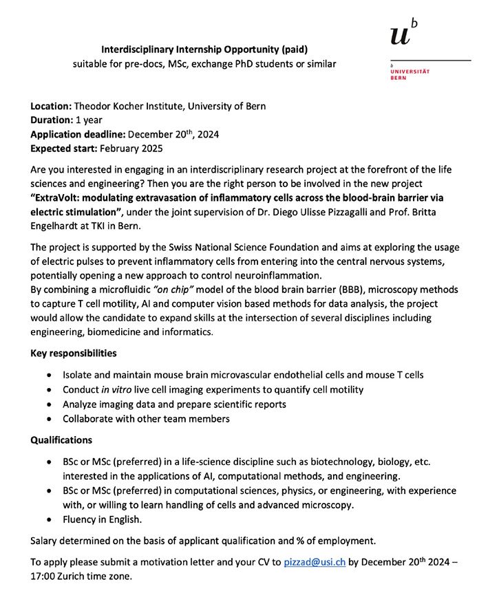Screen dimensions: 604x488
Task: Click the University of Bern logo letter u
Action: tap(399, 34)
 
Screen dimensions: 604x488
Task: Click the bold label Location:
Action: tap(50, 106)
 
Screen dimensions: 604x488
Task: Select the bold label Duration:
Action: tap(50, 120)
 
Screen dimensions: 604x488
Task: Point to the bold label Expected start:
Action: tap(63, 147)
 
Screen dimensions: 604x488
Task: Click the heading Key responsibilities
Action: tap(73, 354)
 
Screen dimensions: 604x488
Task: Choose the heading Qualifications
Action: tap(61, 440)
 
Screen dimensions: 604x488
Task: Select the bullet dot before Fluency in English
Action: tap(47, 520)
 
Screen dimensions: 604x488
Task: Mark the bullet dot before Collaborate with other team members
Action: tap(47, 418)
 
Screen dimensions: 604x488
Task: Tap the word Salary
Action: tap(45, 541)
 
